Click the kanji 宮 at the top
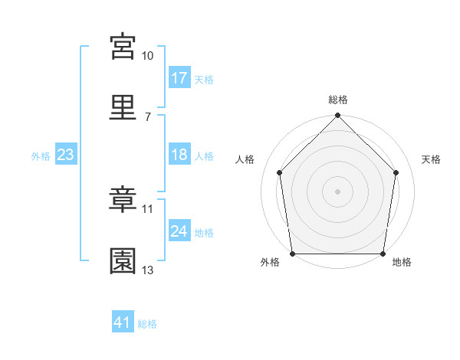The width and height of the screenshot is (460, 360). point(123,47)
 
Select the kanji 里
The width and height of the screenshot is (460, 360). point(123,107)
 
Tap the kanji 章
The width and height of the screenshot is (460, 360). point(123,199)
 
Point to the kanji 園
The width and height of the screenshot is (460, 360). point(123,261)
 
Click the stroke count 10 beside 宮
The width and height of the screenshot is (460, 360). point(147,56)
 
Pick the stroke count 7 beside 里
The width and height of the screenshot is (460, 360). point(148,117)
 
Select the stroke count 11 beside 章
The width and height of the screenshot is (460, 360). point(147,209)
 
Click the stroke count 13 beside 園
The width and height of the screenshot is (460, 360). point(147,270)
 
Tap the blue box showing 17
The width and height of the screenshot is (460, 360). point(179,77)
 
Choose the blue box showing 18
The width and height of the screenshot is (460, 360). point(179,154)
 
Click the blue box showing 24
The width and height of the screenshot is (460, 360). point(179,230)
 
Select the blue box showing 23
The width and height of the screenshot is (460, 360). point(66,154)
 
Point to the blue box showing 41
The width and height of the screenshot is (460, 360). point(123,321)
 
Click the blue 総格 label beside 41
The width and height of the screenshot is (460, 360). point(147,324)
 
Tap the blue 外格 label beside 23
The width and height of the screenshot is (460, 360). point(41,156)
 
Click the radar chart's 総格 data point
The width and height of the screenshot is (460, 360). point(337,115)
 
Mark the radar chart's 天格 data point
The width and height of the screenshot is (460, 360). point(396,172)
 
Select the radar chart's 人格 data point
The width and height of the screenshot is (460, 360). point(280,172)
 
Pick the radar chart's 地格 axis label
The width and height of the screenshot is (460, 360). point(402,262)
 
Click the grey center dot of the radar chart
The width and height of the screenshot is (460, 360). point(337,191)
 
